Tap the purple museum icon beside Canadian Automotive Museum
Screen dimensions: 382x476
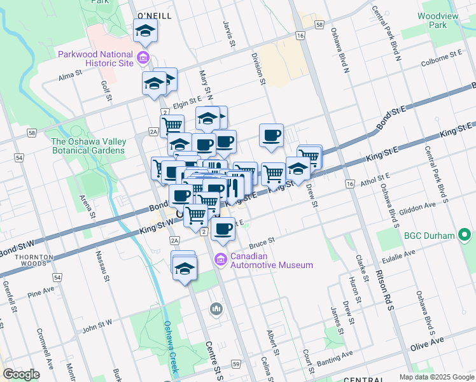(221, 260)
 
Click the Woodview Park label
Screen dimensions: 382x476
(442, 20)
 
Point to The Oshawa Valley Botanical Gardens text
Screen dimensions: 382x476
(88, 146)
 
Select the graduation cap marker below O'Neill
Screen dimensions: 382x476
(145, 31)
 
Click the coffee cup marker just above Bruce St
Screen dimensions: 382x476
(222, 229)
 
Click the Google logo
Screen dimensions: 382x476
(21, 374)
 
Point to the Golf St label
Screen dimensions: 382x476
(106, 90)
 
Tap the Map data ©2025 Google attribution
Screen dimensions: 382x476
(437, 377)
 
